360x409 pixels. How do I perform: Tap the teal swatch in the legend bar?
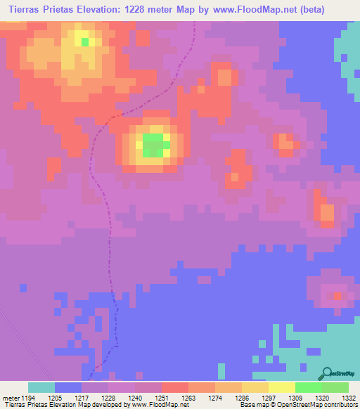click(41, 387)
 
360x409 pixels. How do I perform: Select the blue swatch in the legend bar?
click(67, 387)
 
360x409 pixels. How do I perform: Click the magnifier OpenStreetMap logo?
click(328, 372)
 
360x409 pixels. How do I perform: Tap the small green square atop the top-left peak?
click(85, 41)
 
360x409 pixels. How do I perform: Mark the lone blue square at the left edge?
click(22, 287)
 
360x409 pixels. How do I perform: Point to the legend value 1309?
click(296, 398)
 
